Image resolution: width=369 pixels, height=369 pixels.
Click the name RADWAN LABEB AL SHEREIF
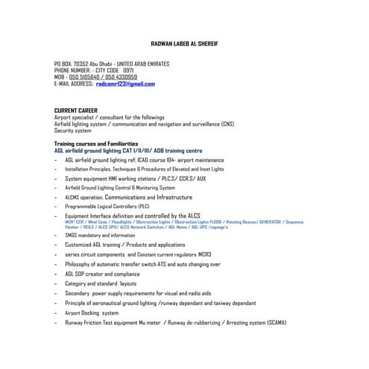click(x=185, y=45)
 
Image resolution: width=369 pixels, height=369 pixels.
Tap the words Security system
click(x=73, y=130)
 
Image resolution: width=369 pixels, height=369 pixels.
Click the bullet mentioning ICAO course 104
click(x=143, y=160)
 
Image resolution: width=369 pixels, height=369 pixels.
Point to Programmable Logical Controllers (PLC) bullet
click(x=107, y=206)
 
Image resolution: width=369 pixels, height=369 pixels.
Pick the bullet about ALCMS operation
click(x=133, y=197)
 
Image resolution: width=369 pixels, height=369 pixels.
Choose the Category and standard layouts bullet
click(x=101, y=283)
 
